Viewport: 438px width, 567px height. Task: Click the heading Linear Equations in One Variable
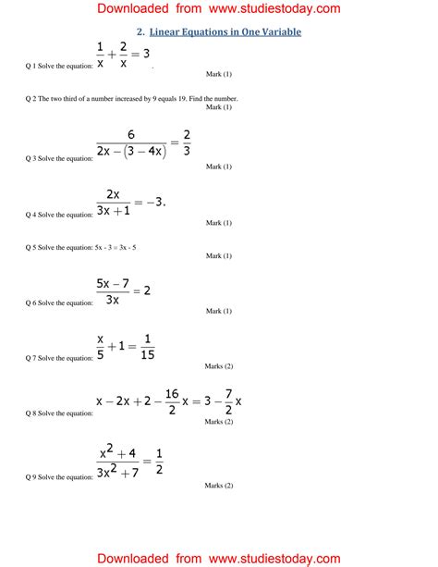tap(225, 32)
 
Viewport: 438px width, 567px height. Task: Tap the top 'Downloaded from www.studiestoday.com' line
tap(218, 9)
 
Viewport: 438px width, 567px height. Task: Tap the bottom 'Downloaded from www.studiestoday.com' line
tap(218, 558)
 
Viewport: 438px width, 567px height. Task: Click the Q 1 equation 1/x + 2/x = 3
tap(122, 55)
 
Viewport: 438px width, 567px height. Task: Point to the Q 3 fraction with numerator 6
tap(131, 142)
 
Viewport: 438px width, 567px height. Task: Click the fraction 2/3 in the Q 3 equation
tap(187, 142)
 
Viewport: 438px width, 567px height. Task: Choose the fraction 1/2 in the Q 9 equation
tap(157, 461)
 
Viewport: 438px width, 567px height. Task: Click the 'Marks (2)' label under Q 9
tap(218, 485)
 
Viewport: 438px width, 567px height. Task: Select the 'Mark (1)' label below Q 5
tap(218, 256)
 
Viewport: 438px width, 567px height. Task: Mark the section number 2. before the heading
tap(140, 32)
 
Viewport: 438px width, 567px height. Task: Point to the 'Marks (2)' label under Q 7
tap(218, 366)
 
